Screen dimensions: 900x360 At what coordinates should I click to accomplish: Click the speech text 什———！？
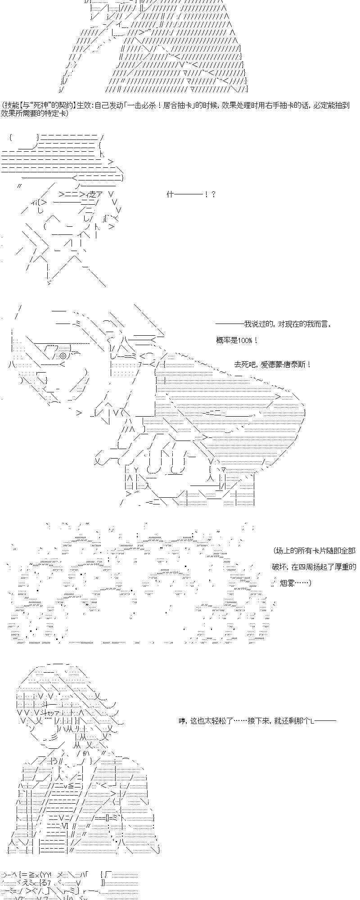pyautogui.click(x=191, y=194)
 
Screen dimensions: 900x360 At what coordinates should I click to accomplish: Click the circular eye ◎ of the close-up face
pyautogui.click(x=63, y=356)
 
